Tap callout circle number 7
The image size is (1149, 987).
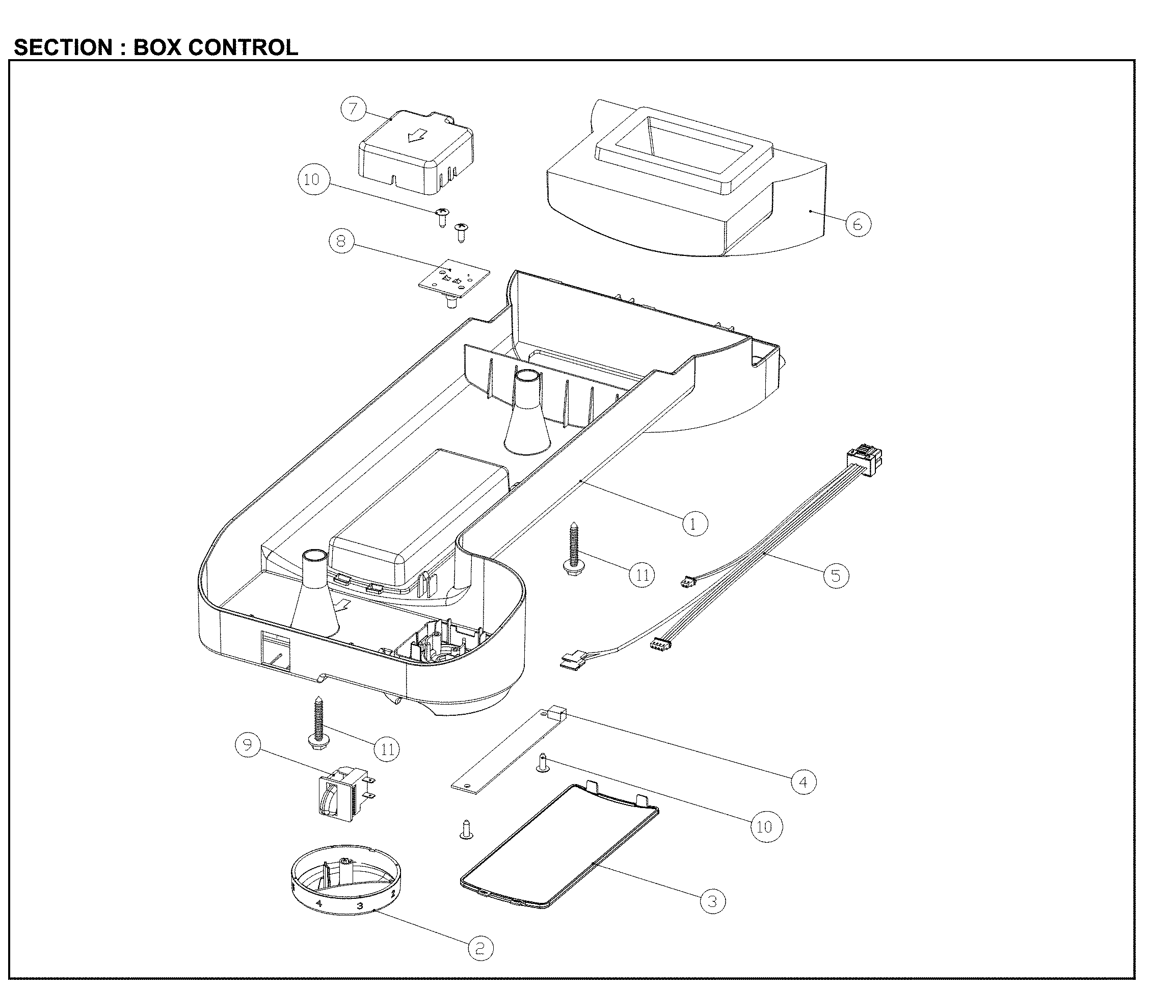tap(353, 108)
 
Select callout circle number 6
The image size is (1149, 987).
tap(858, 224)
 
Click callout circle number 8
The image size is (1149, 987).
tap(341, 241)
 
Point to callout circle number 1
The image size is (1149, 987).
tap(694, 523)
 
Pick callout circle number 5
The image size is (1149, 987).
tap(836, 576)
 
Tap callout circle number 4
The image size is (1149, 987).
tap(804, 782)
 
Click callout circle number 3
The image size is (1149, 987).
tap(712, 902)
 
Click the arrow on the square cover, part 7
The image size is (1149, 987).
tap(415, 136)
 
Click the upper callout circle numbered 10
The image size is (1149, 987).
tap(312, 179)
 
